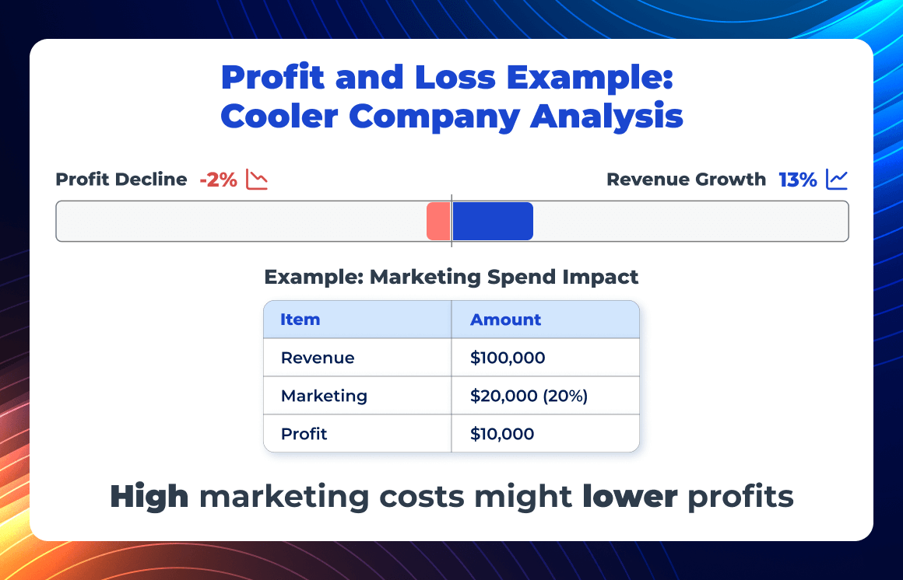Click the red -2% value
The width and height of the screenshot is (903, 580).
pos(218,180)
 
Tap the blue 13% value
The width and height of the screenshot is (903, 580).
pos(798,180)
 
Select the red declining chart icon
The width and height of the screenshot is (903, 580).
pos(257,180)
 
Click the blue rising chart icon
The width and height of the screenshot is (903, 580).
pos(837,180)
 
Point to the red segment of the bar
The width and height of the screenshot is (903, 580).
pos(438,222)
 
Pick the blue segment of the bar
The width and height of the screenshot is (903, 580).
pos(493,222)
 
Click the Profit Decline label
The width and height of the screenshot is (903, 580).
pos(121,180)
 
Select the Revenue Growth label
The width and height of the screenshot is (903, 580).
pos(686,180)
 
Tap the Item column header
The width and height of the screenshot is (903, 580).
pos(300,320)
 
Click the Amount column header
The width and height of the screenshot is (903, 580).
pos(505,320)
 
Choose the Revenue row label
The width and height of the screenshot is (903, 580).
pos(318,358)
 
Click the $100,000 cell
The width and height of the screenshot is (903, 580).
pos(508,358)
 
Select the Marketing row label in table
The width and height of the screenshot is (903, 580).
pos(324,396)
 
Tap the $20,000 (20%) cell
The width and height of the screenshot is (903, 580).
pos(529,396)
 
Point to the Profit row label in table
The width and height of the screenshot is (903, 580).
pos(304,434)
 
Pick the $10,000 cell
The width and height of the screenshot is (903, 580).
pos(502,434)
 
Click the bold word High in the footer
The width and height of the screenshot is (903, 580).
pos(149,497)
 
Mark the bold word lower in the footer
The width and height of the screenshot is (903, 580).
pos(630,497)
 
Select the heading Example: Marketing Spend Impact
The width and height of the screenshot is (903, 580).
pos(451,277)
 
